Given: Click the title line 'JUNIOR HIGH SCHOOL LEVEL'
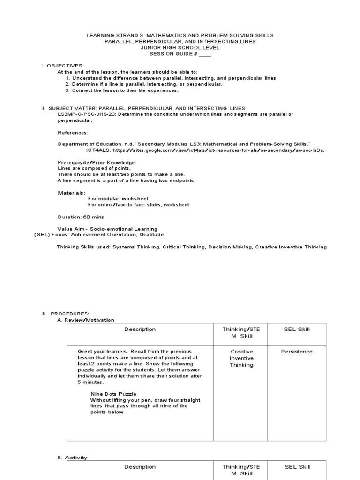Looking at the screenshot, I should [x=180, y=48].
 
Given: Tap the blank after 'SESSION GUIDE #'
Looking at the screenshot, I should [x=205, y=54].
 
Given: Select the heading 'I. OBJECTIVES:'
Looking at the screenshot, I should [x=62, y=66].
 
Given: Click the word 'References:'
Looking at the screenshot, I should [x=73, y=133].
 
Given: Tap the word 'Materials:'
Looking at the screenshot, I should [x=72, y=193].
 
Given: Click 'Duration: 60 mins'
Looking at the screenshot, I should [x=81, y=217].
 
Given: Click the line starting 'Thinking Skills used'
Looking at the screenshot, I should [x=192, y=247].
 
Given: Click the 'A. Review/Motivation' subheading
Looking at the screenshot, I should [x=85, y=320].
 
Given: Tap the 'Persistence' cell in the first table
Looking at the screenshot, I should [x=297, y=352].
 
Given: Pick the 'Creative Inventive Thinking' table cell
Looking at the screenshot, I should [x=241, y=358].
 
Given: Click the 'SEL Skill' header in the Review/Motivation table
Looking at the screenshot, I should [x=297, y=329].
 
